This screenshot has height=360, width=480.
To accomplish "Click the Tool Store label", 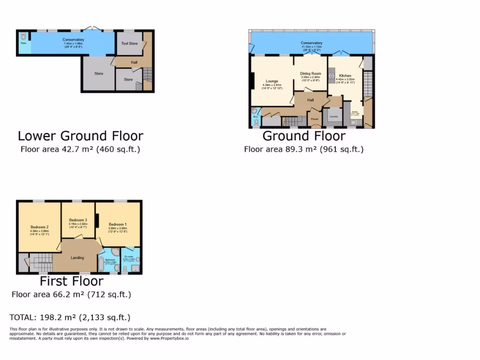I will click(x=129, y=44).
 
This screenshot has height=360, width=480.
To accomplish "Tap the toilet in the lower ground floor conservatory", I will click(x=23, y=36).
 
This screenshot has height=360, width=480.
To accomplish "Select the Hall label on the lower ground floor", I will click(x=134, y=62).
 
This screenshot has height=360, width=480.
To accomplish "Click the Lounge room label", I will click(x=272, y=81).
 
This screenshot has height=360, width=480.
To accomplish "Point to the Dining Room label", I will click(x=310, y=74).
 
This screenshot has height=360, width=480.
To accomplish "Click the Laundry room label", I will click(x=334, y=116).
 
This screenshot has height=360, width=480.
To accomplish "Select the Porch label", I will click(x=315, y=119).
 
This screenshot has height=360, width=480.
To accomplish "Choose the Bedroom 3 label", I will click(x=78, y=220).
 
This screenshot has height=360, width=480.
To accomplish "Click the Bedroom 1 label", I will click(x=118, y=224).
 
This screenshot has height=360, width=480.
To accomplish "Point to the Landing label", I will click(x=77, y=257).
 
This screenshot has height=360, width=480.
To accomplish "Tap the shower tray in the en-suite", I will click(x=136, y=268).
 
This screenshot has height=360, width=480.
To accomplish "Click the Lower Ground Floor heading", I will click(x=80, y=136).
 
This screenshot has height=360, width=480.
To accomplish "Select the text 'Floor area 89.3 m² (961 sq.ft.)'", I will click(x=304, y=150).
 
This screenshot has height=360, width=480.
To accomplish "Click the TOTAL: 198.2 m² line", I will click(x=70, y=317).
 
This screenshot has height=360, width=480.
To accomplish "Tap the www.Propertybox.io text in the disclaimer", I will click(x=169, y=338).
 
